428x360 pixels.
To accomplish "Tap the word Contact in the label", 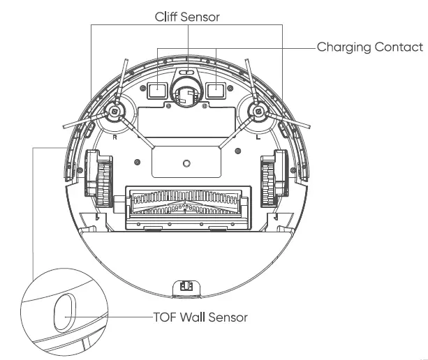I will [399, 47].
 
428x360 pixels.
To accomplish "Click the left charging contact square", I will [158, 89].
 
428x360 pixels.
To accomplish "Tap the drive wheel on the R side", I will [98, 181].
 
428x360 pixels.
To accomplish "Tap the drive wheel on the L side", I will [273, 181].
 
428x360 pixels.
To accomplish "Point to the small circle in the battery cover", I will [186, 163].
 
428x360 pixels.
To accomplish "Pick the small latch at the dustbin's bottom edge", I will [186, 287].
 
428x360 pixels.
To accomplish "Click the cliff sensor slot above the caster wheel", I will [186, 72].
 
